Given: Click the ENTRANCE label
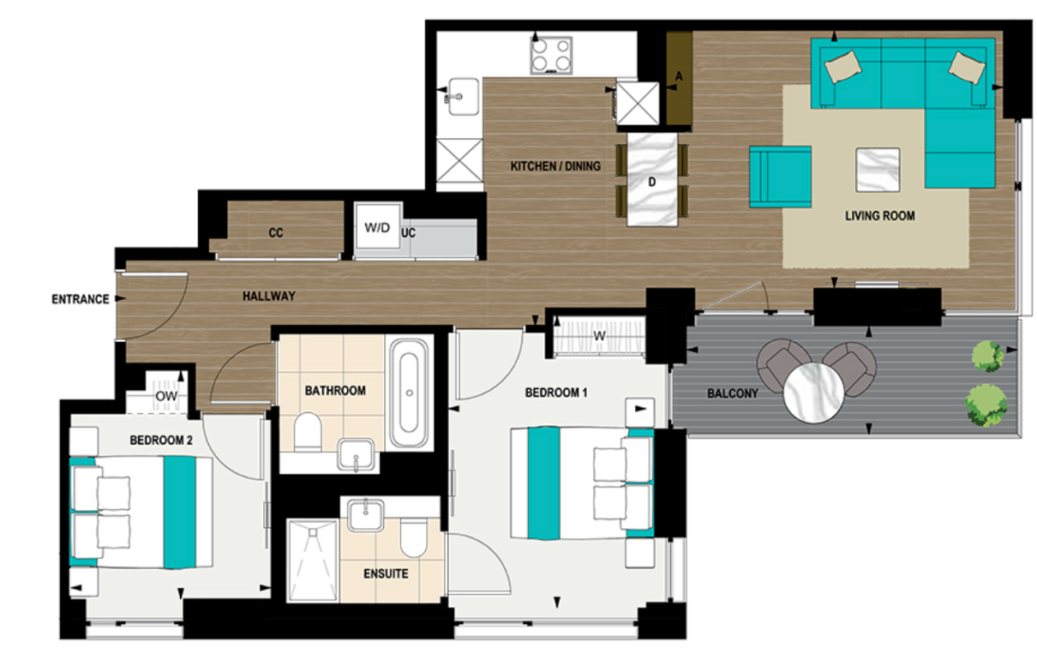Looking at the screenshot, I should [80, 299].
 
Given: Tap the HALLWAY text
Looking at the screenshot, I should [268, 297].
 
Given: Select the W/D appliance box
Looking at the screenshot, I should [377, 229].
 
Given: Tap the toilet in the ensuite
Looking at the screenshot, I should [413, 539].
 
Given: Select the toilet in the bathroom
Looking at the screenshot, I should [306, 431].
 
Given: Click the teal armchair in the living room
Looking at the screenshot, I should [780, 176].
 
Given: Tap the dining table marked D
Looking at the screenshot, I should [651, 180].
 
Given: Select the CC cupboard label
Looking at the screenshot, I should [275, 233].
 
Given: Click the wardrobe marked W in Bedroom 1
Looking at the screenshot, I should [599, 335].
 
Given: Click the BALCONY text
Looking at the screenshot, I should [733, 394].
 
